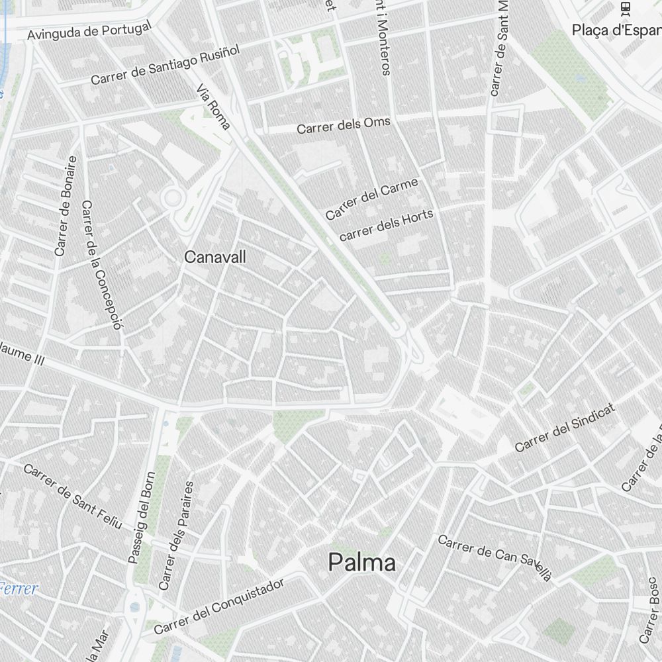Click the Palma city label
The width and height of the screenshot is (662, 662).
(362, 563)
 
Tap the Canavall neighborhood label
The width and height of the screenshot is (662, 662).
(215, 257)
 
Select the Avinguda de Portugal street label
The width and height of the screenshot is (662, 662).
(89, 30)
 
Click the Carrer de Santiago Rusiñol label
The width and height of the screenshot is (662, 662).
(164, 65)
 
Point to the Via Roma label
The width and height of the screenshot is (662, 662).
(213, 107)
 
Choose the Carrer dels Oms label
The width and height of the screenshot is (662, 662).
(343, 126)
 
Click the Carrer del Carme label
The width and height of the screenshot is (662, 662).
(371, 199)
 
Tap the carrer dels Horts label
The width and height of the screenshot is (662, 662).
(386, 225)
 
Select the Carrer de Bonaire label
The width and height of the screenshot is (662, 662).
(66, 206)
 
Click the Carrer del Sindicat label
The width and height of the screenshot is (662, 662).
(565, 428)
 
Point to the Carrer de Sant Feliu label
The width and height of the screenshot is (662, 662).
(73, 496)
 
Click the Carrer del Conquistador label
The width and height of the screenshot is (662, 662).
(219, 606)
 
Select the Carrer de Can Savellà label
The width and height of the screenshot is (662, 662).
(495, 557)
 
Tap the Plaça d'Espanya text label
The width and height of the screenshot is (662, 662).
(616, 30)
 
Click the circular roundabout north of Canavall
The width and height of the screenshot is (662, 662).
(173, 197)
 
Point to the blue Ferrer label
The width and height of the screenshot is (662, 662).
(19, 589)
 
